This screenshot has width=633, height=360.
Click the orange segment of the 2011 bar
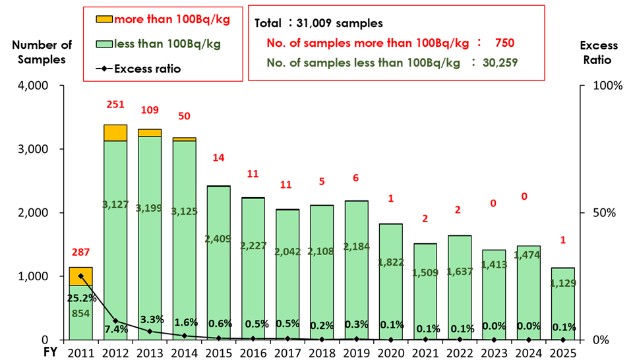[80, 276]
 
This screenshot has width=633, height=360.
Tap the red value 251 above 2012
[115, 105]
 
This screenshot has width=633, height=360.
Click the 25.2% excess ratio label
[81, 298]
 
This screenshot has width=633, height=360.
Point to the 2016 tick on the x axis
[253, 353]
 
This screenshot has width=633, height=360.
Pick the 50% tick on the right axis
[600, 213]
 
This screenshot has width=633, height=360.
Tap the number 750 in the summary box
[502, 43]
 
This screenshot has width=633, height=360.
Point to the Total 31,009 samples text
[318, 23]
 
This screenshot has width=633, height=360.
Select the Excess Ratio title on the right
[599, 52]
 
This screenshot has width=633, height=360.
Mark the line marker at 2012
[115, 321]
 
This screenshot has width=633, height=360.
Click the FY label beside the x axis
[49, 353]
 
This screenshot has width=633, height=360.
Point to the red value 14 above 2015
[219, 158]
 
